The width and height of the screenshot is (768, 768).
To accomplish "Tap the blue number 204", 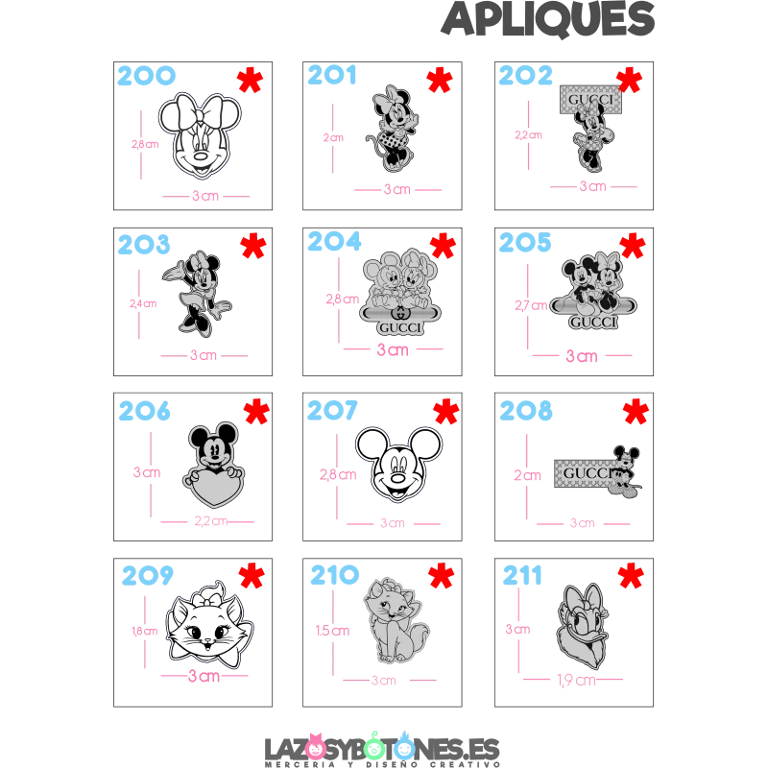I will (336, 244).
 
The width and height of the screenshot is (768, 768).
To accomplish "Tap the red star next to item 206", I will (255, 412).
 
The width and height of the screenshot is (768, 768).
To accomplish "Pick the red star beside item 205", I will (633, 246).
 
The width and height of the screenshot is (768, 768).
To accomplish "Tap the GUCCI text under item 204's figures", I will (398, 328).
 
